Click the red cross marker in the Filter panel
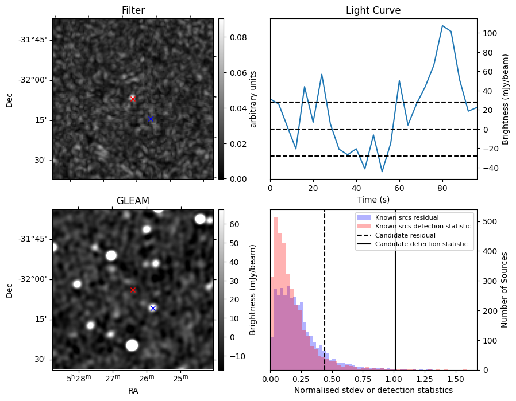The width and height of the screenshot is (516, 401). (133, 99)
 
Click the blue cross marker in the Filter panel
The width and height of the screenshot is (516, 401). (151, 119)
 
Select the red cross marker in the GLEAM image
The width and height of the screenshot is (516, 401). (133, 290)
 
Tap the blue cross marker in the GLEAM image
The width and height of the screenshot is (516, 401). (153, 308)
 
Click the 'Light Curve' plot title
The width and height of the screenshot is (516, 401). (373, 10)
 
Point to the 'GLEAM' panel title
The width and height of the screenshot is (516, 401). (133, 201)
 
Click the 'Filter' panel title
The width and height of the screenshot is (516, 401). (133, 10)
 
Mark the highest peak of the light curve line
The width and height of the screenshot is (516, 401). (442, 26)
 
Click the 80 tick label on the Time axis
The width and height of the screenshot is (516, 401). (442, 188)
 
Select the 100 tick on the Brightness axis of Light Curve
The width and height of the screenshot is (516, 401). (489, 33)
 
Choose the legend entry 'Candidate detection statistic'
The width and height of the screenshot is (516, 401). (420, 244)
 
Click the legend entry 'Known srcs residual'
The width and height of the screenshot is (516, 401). (406, 217)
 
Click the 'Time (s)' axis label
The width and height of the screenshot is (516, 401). (373, 199)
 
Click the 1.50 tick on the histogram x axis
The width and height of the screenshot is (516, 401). (455, 379)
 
